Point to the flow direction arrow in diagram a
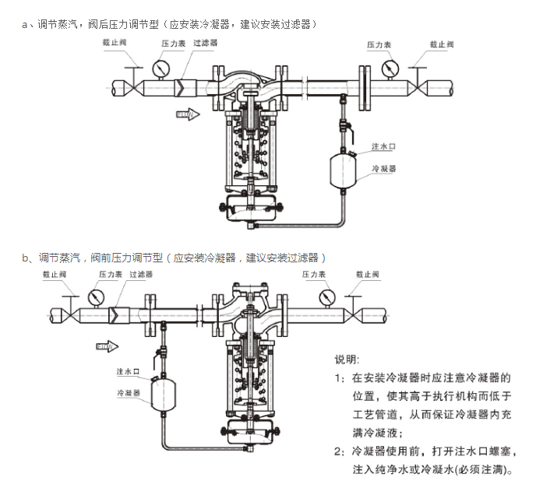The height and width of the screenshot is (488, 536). pyautogui.click(x=187, y=114)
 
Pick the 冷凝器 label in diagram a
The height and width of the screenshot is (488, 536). pyautogui.click(x=385, y=167)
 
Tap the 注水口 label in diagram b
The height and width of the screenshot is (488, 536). pyautogui.click(x=127, y=371)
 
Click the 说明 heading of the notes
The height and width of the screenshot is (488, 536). pyautogui.click(x=347, y=360)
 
